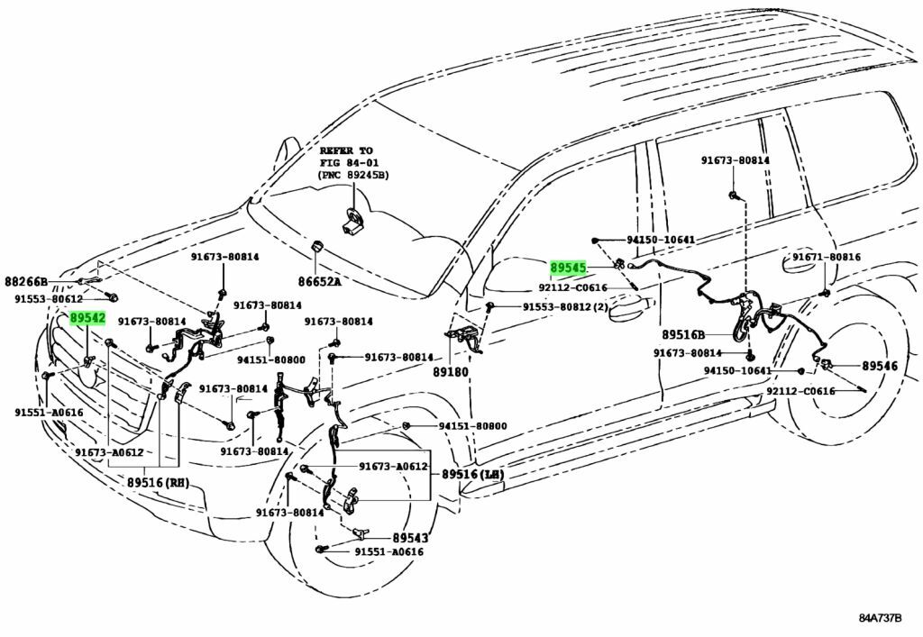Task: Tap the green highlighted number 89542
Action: pos(88,318)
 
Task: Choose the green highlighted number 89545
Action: pos(569,268)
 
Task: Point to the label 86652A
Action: pos(320,282)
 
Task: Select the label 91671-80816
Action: pos(827,258)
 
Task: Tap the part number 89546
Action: pos(880,366)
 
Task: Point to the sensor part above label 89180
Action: pos(464,338)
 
